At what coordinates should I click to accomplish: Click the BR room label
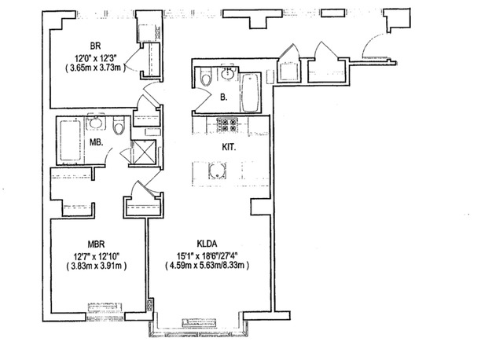tap(95, 46)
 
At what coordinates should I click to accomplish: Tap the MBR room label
tap(96, 244)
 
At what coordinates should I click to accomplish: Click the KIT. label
tap(229, 147)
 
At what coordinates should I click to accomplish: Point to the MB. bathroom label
tap(96, 142)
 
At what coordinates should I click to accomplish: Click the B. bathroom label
tap(223, 97)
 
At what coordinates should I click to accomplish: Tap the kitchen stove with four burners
tap(227, 125)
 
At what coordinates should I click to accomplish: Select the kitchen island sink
tap(217, 171)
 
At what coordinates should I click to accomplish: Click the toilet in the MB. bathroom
tap(119, 127)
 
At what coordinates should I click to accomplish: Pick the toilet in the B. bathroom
tap(205, 77)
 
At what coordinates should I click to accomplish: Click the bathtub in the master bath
tap(70, 140)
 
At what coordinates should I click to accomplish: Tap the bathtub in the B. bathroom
tap(250, 93)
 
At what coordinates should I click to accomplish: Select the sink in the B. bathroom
tap(229, 74)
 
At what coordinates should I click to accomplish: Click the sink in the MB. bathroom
tap(96, 122)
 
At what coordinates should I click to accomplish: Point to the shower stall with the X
tap(145, 152)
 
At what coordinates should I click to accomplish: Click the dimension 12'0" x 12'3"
tap(95, 58)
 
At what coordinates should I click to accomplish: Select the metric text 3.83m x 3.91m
tap(96, 266)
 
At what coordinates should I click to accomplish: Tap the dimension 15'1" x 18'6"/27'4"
tap(207, 256)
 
